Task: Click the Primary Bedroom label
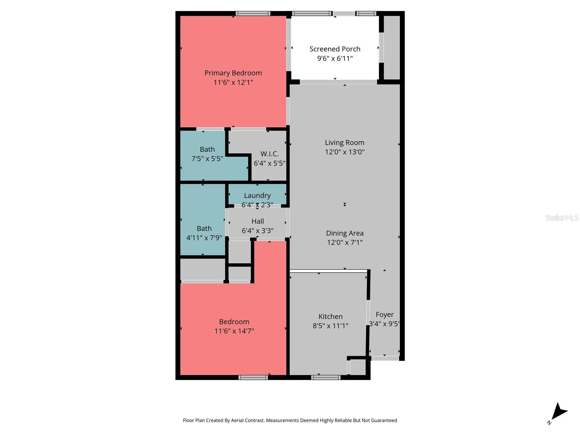(x=233, y=73)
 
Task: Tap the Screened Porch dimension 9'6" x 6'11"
(x=335, y=58)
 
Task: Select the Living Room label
(x=344, y=142)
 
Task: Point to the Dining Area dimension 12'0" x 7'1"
(x=345, y=243)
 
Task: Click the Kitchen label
(x=330, y=316)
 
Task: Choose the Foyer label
(x=385, y=315)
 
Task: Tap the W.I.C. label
(x=269, y=154)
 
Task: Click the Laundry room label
(x=257, y=195)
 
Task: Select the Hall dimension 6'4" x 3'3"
(x=258, y=231)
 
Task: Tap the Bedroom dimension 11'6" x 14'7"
(x=234, y=331)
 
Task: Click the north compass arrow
(x=559, y=412)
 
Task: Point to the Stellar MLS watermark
(x=562, y=217)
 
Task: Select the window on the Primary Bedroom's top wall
(x=253, y=14)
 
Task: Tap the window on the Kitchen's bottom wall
(x=326, y=377)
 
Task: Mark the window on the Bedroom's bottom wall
(x=253, y=377)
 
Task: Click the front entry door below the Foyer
(x=385, y=358)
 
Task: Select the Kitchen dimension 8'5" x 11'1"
(x=330, y=326)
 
